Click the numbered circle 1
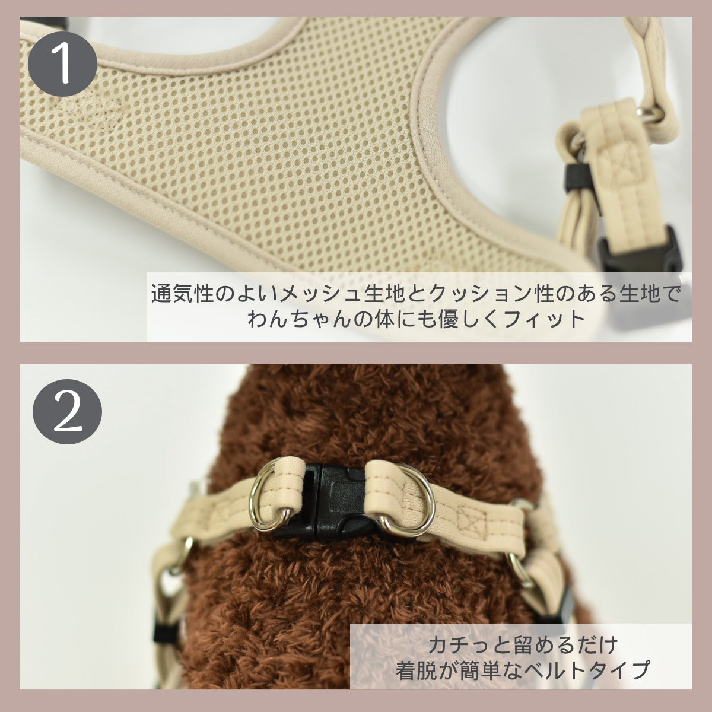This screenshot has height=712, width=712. tap(63, 63)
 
